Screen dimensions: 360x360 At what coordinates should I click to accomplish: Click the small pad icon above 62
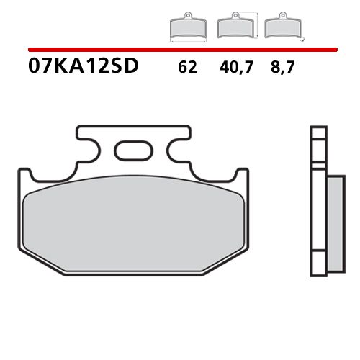[187, 27]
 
